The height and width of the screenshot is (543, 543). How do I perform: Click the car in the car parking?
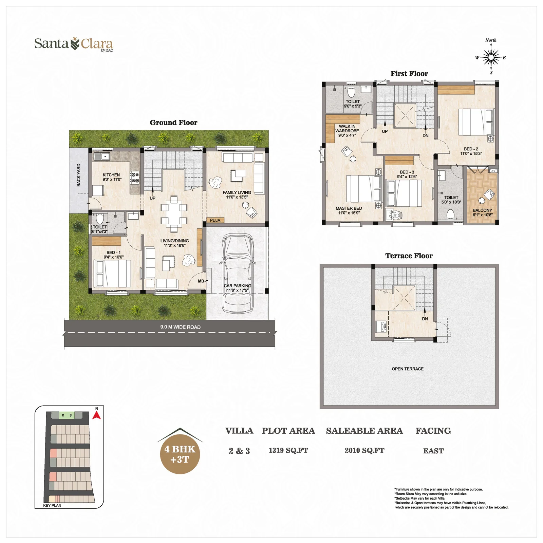pyautogui.click(x=238, y=274)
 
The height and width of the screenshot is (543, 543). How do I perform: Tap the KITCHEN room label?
pyautogui.click(x=111, y=175)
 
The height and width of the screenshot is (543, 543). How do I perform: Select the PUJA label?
pyautogui.click(x=215, y=220)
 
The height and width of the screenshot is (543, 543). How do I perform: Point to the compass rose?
pyautogui.click(x=491, y=58)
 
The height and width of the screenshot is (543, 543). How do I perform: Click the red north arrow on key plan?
pyautogui.click(x=97, y=415)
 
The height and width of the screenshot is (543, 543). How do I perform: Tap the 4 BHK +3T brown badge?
pyautogui.click(x=180, y=454)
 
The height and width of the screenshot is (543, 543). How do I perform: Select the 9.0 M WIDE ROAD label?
pyautogui.click(x=180, y=327)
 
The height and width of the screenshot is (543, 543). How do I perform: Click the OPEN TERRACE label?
pyautogui.click(x=408, y=369)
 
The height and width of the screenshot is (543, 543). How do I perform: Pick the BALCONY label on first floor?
pyautogui.click(x=482, y=210)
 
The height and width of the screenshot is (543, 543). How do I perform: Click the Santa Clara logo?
pyautogui.click(x=74, y=44)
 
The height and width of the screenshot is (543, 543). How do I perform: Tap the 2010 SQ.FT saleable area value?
pyautogui.click(x=364, y=451)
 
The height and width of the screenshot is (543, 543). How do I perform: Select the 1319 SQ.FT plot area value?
pyautogui.click(x=288, y=451)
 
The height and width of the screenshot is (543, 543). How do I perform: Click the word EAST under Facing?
pyautogui.click(x=433, y=451)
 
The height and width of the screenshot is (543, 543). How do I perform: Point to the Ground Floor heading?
pyautogui.click(x=173, y=123)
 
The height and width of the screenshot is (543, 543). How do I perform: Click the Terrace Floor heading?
pyautogui.click(x=409, y=256)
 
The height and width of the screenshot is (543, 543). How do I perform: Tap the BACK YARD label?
pyautogui.click(x=79, y=175)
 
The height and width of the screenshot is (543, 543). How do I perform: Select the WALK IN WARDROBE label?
pyautogui.click(x=347, y=129)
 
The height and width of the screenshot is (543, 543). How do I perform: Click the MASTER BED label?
pyautogui.click(x=349, y=208)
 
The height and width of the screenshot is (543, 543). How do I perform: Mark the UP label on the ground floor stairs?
pyautogui.click(x=153, y=198)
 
